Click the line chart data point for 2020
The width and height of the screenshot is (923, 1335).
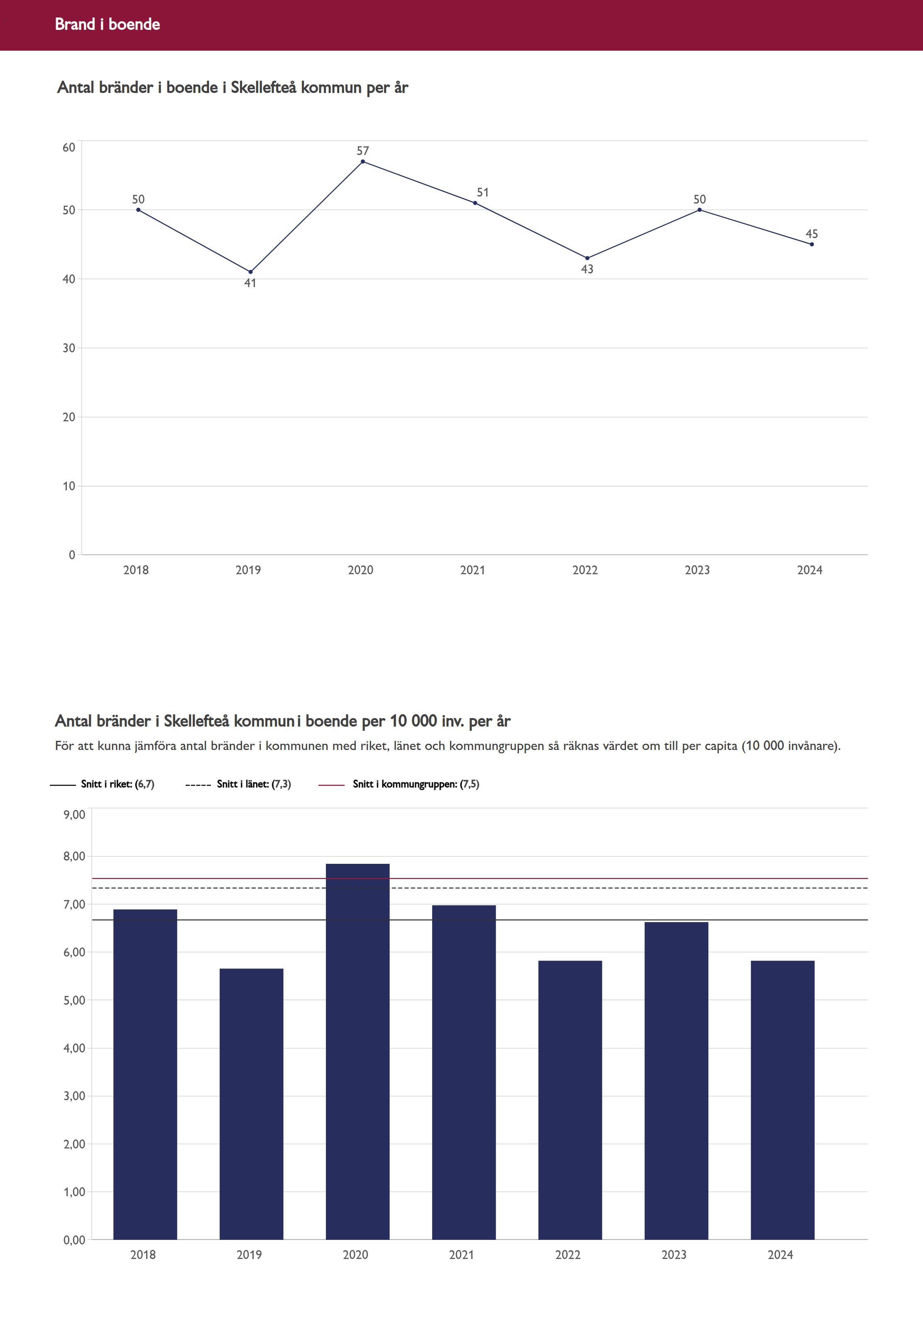click(x=362, y=162)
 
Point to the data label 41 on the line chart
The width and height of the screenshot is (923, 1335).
click(x=250, y=283)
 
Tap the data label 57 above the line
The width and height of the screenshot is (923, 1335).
click(x=362, y=150)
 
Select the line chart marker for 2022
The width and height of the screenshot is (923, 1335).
click(x=587, y=258)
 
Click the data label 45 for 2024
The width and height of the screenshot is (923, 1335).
click(x=811, y=234)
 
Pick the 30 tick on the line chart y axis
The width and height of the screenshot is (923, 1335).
click(x=69, y=348)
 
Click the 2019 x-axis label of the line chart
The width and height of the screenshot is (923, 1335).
click(x=248, y=570)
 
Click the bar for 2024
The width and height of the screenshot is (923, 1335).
click(x=783, y=1099)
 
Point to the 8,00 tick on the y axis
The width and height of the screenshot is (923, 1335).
click(x=74, y=856)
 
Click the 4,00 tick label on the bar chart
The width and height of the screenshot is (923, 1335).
click(x=74, y=1048)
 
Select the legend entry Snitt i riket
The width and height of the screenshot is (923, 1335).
click(x=118, y=784)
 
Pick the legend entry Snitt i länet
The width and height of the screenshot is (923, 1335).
click(x=253, y=784)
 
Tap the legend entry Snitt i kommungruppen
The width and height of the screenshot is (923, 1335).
click(x=415, y=784)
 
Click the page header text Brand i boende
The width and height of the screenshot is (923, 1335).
click(x=108, y=24)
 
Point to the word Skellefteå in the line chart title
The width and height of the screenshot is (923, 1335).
click(x=263, y=87)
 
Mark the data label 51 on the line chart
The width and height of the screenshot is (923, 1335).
click(x=482, y=192)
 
